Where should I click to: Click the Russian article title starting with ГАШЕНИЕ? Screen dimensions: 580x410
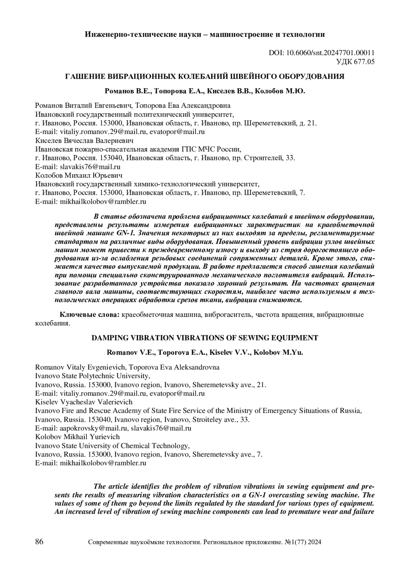[x=205, y=77]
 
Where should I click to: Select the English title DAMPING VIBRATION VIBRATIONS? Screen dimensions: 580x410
[x=205, y=338]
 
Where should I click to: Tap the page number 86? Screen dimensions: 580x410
[x=39, y=542]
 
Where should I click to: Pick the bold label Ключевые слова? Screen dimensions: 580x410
[x=90, y=314]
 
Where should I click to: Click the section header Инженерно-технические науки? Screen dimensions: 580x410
[x=205, y=34]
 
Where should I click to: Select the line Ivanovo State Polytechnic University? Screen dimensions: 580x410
[x=93, y=376]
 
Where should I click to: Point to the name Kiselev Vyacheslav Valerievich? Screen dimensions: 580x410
[x=84, y=402]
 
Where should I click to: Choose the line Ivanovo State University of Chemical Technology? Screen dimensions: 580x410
[x=112, y=446]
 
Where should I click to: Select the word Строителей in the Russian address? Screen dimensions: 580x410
[x=262, y=158]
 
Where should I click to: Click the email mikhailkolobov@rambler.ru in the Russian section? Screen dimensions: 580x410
[x=103, y=202]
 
